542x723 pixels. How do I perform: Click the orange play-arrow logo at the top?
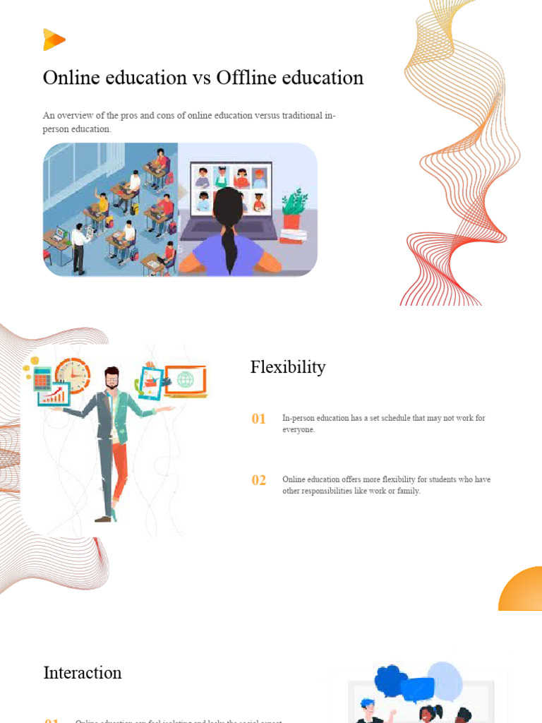[x=54, y=40]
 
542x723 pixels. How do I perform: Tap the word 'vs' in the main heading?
[x=200, y=78]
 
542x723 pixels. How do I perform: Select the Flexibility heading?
[x=288, y=367]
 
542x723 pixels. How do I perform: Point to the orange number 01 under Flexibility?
[x=259, y=419]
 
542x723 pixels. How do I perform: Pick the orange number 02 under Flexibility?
[x=259, y=480]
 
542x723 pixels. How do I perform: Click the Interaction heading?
[x=83, y=673]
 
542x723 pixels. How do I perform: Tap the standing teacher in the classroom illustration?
[x=78, y=247]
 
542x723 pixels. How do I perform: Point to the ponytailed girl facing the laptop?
[x=229, y=233]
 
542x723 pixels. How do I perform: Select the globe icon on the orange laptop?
[x=186, y=380]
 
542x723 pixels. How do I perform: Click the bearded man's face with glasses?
[x=112, y=379]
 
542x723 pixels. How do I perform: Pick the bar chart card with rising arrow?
[x=53, y=396]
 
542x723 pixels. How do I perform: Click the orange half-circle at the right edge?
[x=522, y=590]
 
